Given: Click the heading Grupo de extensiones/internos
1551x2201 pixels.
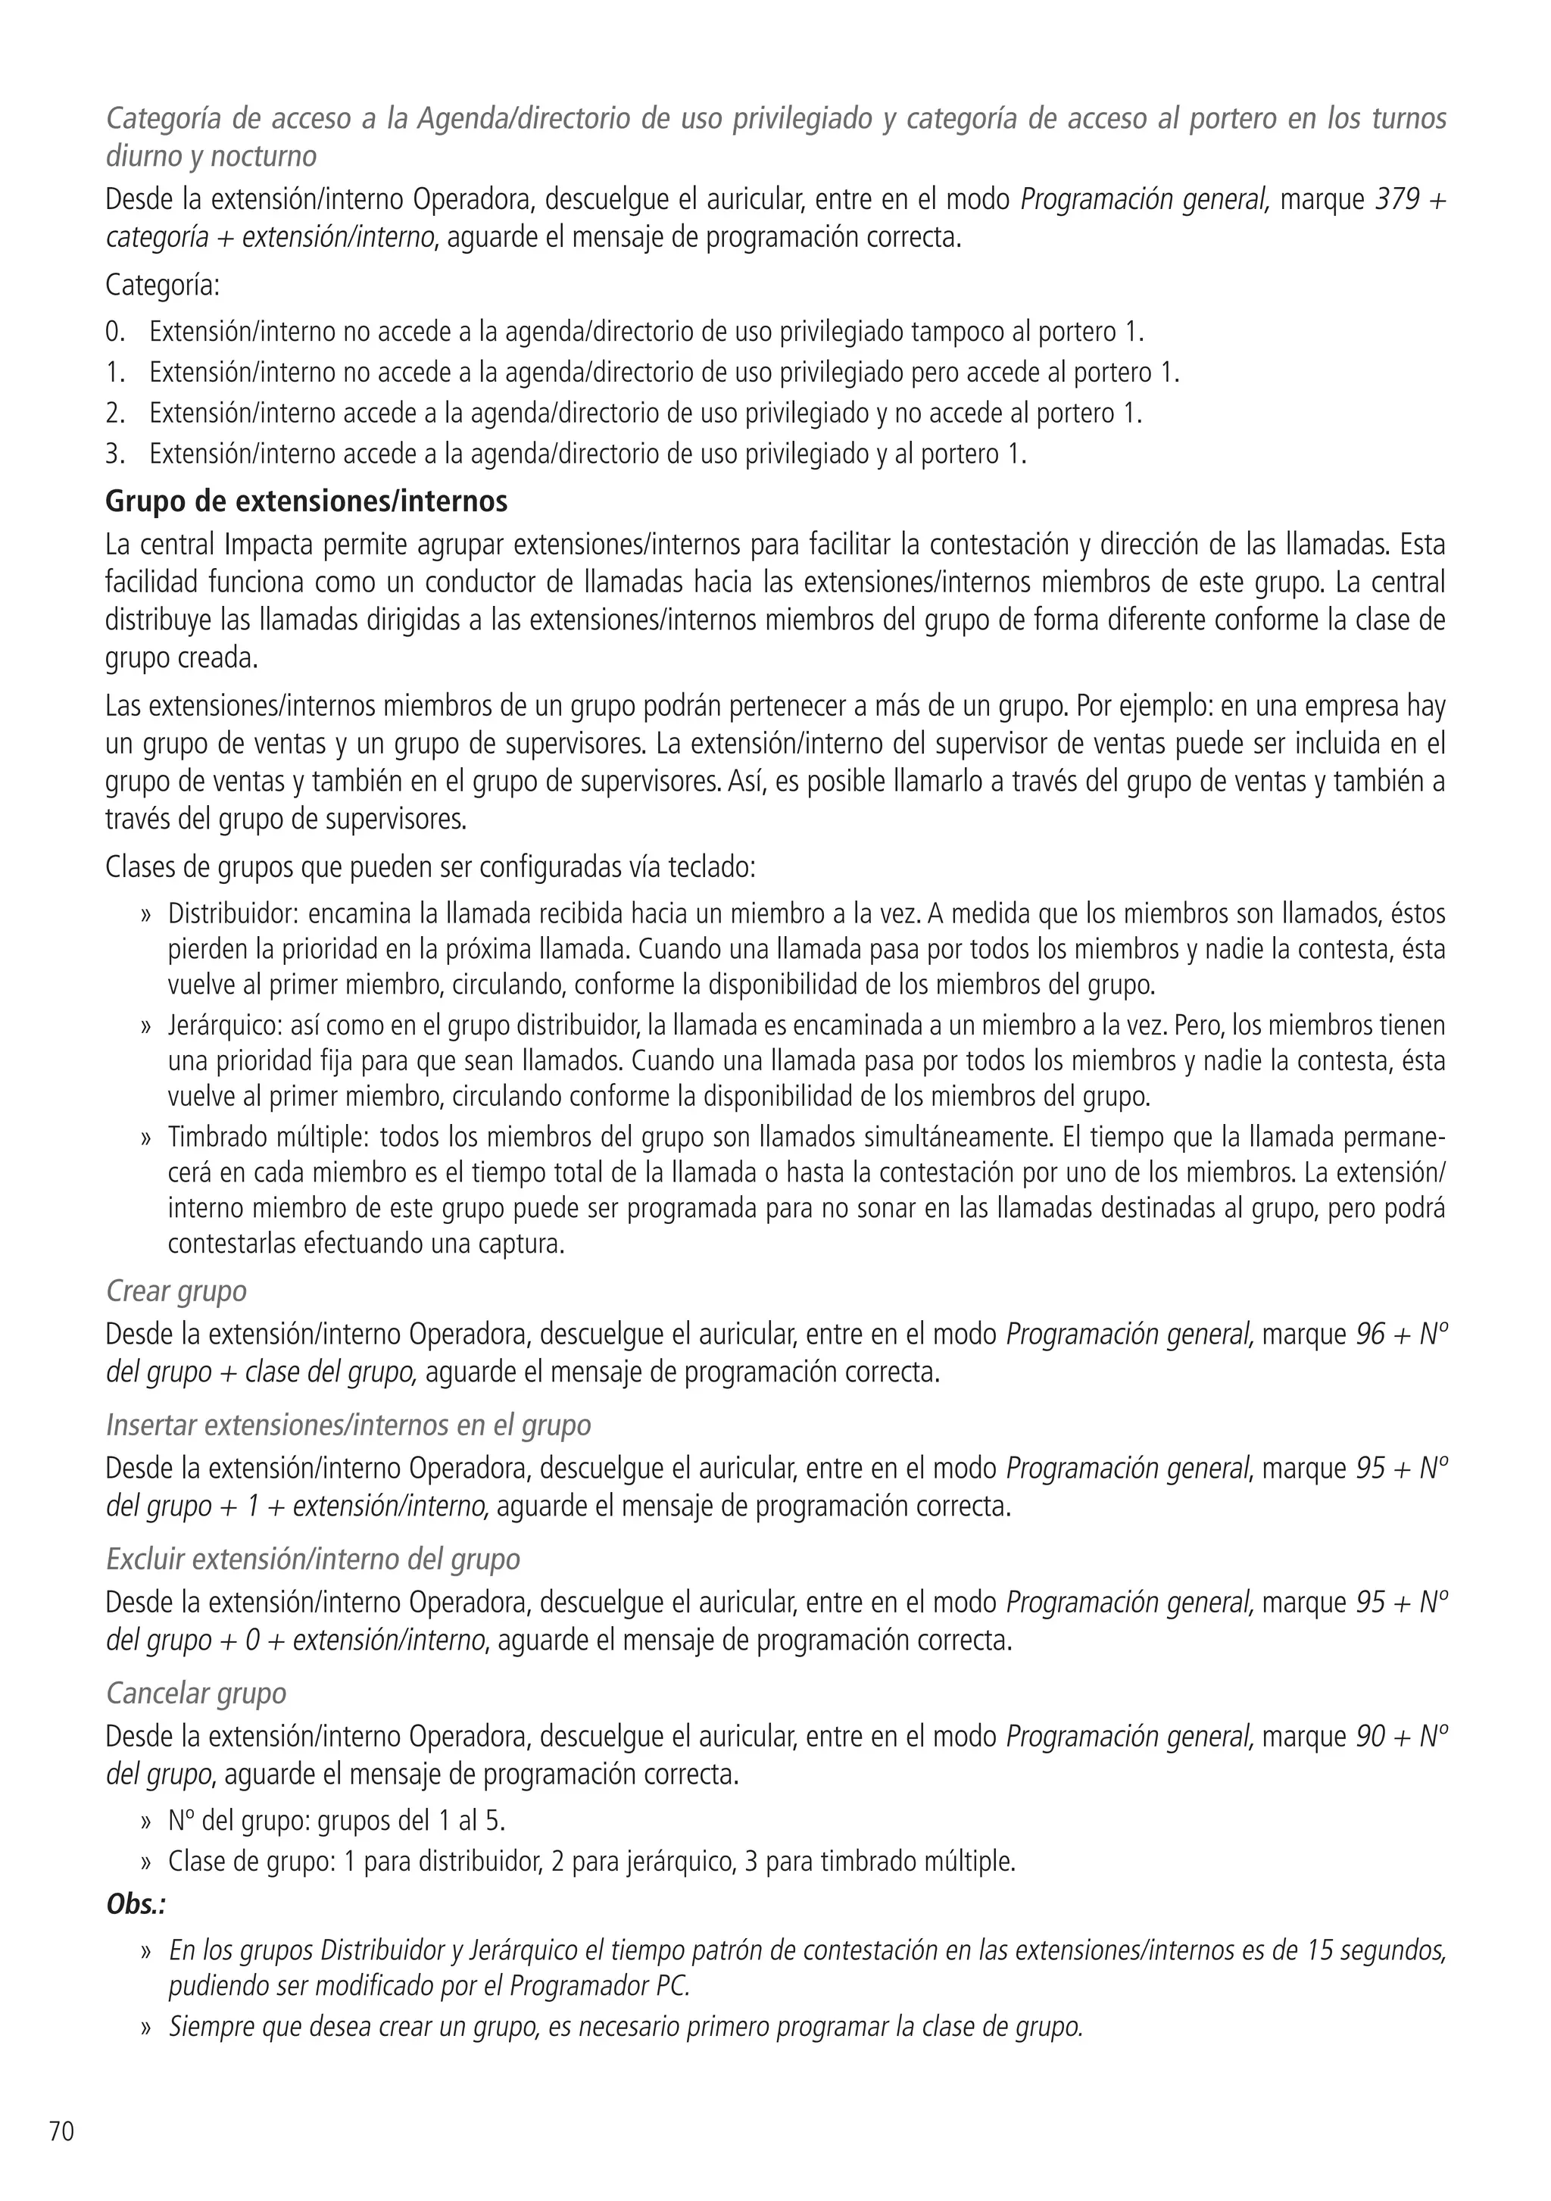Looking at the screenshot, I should [x=307, y=501].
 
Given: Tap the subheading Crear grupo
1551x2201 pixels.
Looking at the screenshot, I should [x=176, y=1291].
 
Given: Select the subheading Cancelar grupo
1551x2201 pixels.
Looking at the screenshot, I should [x=196, y=1693].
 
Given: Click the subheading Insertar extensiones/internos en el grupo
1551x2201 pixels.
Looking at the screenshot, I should [x=348, y=1425].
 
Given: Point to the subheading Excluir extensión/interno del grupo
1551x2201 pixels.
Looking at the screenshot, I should [x=313, y=1559].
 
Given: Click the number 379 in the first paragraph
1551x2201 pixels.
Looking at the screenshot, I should [x=1397, y=201].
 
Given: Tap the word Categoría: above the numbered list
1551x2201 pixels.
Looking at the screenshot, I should [x=163, y=286].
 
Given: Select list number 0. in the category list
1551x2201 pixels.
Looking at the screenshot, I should [x=115, y=332].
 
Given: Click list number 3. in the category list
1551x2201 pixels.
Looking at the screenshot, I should [x=115, y=454].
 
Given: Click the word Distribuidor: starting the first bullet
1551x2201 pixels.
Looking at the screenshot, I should [x=234, y=913].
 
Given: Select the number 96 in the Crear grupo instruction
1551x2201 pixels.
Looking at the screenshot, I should [x=1371, y=1335].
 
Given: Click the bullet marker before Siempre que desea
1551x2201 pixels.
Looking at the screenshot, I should [x=147, y=2028].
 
